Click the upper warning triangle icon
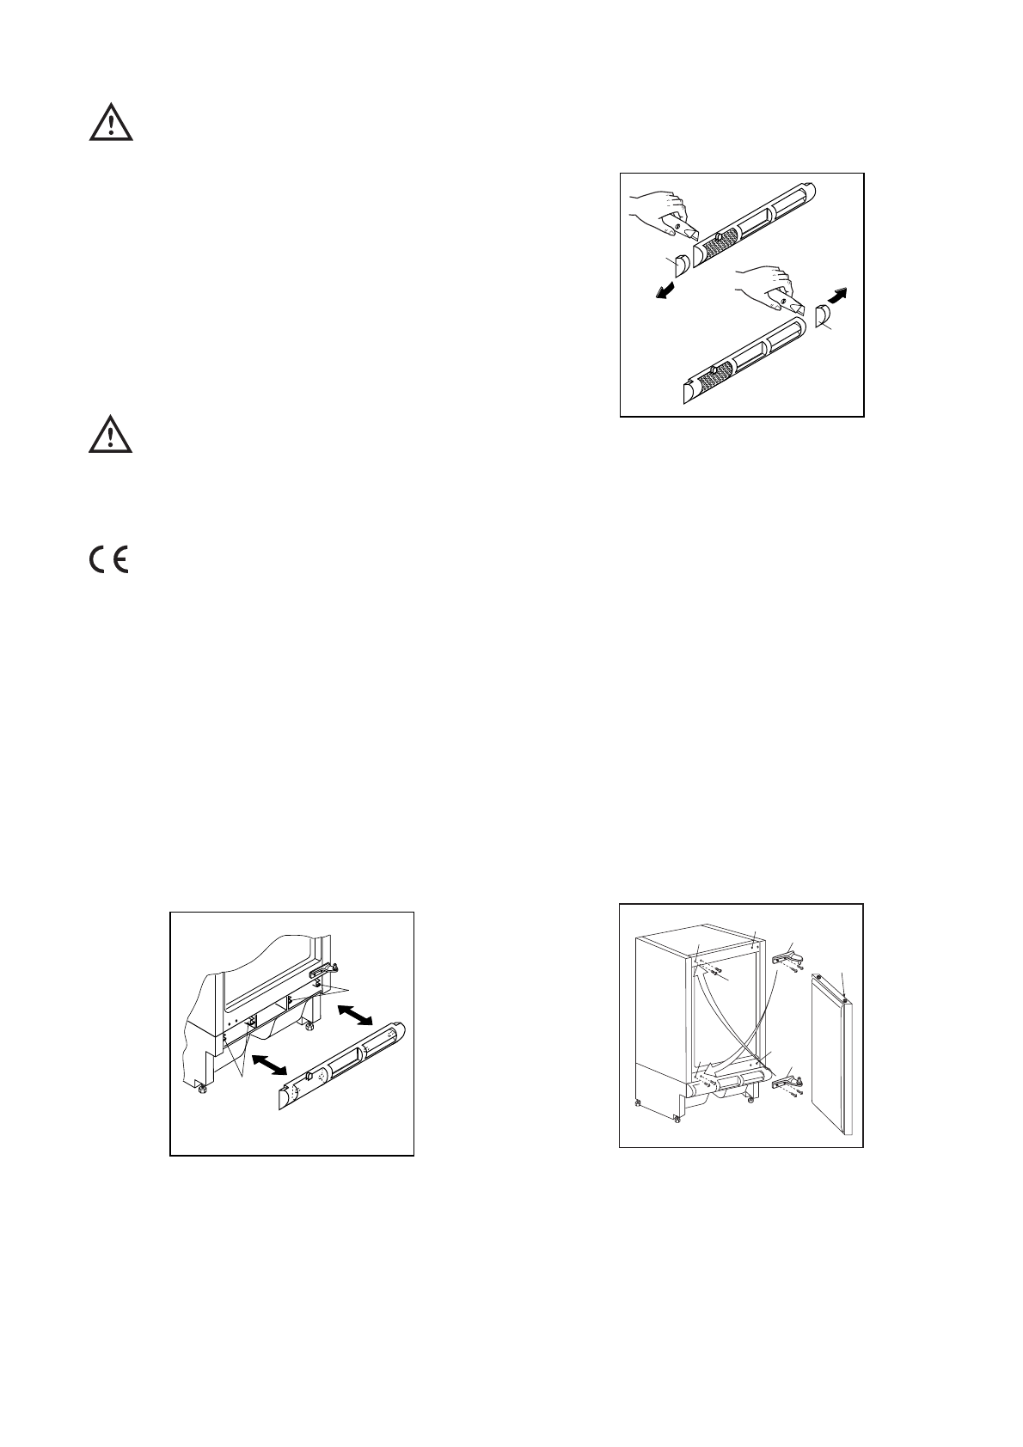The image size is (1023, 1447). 111,124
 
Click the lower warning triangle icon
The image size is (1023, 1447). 111,436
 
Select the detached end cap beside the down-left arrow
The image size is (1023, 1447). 679,266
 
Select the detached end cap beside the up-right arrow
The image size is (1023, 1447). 823,316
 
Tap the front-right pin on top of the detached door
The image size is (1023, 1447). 847,999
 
